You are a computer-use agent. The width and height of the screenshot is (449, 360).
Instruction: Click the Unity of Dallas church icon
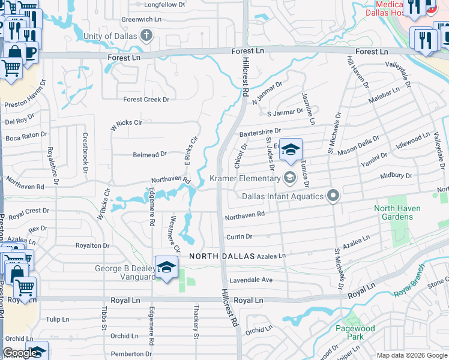(x=146, y=35)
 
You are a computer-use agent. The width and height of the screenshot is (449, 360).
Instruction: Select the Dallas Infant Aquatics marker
(x=333, y=196)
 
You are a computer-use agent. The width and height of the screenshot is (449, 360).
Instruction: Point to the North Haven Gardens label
(x=397, y=212)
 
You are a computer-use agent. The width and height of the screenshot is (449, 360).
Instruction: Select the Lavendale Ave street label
(x=251, y=280)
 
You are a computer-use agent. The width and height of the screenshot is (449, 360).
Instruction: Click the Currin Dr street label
(x=239, y=237)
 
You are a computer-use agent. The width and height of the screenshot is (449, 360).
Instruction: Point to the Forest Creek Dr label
(x=146, y=100)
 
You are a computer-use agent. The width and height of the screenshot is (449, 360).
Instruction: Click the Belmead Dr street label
(x=149, y=155)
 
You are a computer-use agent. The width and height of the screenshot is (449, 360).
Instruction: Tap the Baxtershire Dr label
(x=260, y=131)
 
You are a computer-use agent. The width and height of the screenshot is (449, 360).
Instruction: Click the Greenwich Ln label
(x=142, y=19)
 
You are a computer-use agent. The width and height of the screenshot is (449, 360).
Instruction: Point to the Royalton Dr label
(x=92, y=245)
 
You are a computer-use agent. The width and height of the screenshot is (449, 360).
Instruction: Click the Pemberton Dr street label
(x=130, y=355)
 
